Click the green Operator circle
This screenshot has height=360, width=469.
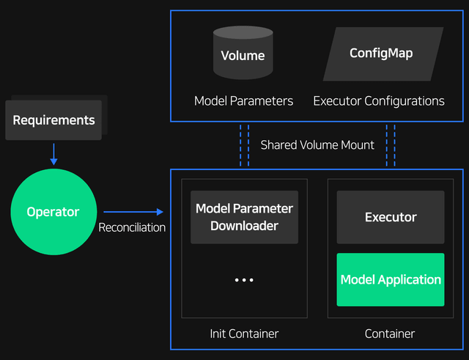pos(53,212)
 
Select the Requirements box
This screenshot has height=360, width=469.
pos(53,120)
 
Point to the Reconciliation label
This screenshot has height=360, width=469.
pos(132,227)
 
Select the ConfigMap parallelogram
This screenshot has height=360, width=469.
pos(383,54)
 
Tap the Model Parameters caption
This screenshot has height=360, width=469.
pos(243,101)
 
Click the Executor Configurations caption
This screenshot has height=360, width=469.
pos(378,101)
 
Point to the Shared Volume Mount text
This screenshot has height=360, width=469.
pos(317,145)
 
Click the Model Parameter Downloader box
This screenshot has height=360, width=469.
pos(244,217)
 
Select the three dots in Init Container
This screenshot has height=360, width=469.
pos(244,280)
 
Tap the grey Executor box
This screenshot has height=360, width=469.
pos(390,217)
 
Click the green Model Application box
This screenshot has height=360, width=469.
pos(390,279)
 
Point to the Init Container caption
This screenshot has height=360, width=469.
pos(244,334)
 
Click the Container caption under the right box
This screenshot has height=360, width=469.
pos(390,334)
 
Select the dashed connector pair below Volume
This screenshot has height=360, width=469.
pos(244,145)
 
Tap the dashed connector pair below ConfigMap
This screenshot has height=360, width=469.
pos(391,145)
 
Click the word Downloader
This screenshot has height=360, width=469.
pos(244,226)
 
